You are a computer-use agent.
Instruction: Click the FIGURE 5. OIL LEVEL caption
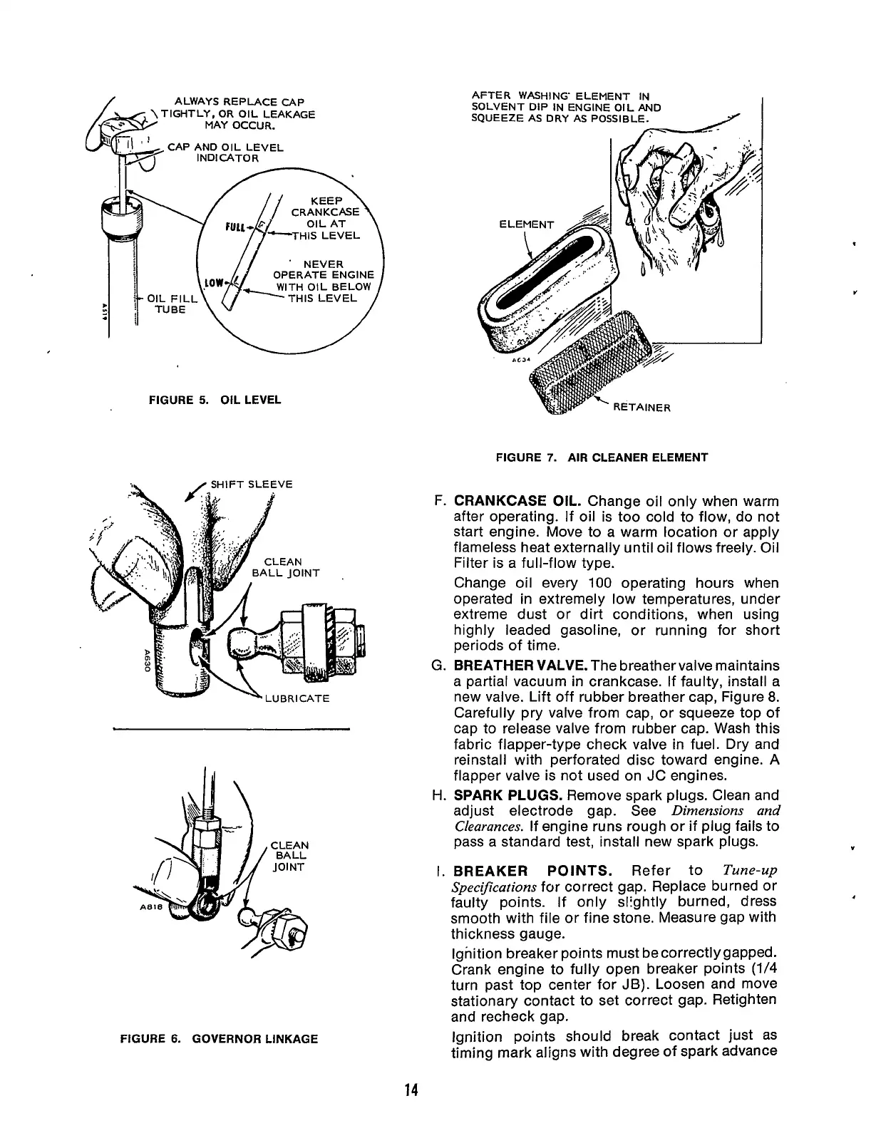215,400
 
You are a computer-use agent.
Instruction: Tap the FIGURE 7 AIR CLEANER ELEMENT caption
602,457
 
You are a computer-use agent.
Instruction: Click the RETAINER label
641,408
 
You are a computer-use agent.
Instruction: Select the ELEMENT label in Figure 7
526,225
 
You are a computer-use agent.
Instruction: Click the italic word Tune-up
749,871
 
